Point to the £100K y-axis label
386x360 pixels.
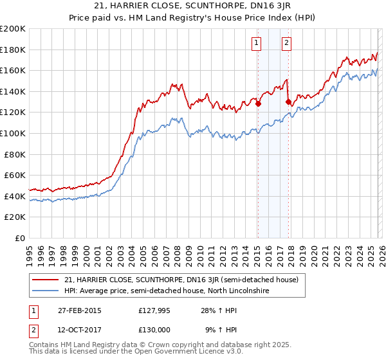[x=13, y=133]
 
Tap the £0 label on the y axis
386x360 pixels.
[x=20, y=238]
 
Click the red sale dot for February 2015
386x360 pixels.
[x=258, y=104]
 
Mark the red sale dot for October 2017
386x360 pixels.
[x=288, y=101]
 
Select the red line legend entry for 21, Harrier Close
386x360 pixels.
[x=181, y=280]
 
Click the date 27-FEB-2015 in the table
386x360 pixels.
[x=79, y=310]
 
